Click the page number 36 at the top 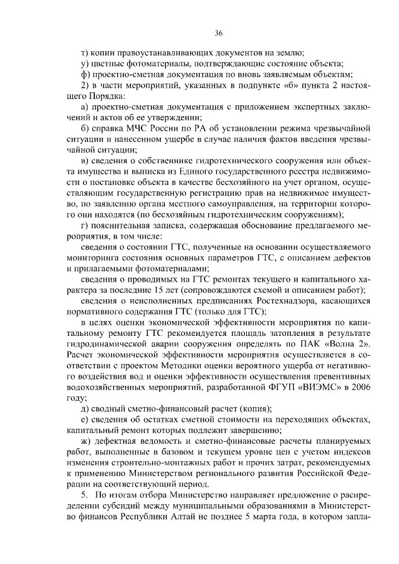click(218, 34)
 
